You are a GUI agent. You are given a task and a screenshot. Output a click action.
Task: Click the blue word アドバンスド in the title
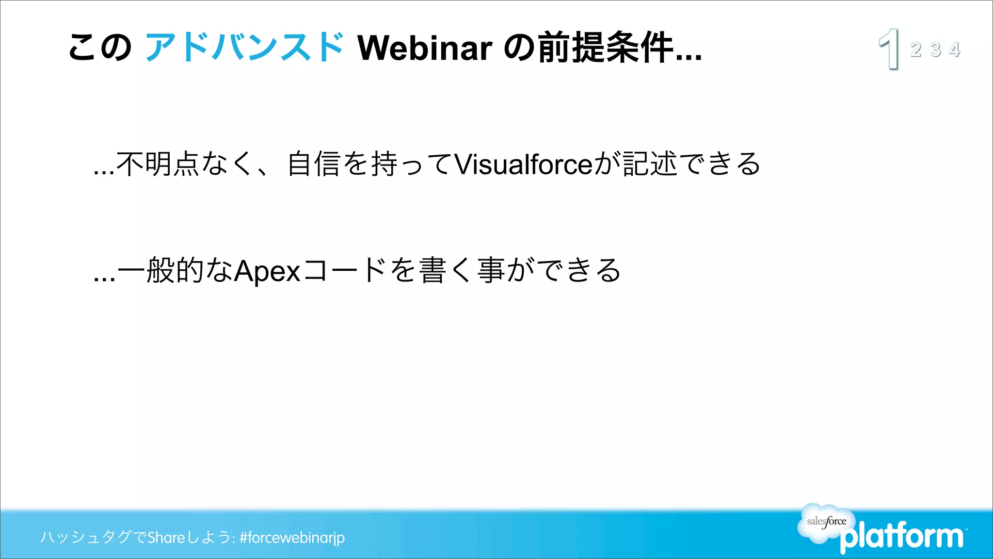(245, 48)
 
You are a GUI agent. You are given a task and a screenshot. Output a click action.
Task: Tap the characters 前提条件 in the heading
(606, 48)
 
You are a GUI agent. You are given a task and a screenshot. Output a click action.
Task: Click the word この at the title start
(100, 48)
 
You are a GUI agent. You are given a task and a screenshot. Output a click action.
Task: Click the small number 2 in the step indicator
(915, 49)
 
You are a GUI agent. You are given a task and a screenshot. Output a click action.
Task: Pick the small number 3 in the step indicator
(935, 49)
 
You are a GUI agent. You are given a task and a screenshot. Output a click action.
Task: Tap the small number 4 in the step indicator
(955, 49)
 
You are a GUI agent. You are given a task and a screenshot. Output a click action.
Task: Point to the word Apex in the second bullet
(267, 271)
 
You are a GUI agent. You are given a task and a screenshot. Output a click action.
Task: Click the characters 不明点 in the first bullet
(158, 164)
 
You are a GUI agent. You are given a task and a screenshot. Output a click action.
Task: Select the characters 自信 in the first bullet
(313, 164)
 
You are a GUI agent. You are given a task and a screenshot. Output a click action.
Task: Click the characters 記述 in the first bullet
(650, 164)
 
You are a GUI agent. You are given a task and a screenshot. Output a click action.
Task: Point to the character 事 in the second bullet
(491, 270)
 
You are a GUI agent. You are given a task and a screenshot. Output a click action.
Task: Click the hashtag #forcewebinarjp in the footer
(292, 538)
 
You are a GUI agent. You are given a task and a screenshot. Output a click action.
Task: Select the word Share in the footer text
(166, 538)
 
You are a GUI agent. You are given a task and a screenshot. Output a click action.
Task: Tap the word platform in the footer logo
(902, 537)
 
